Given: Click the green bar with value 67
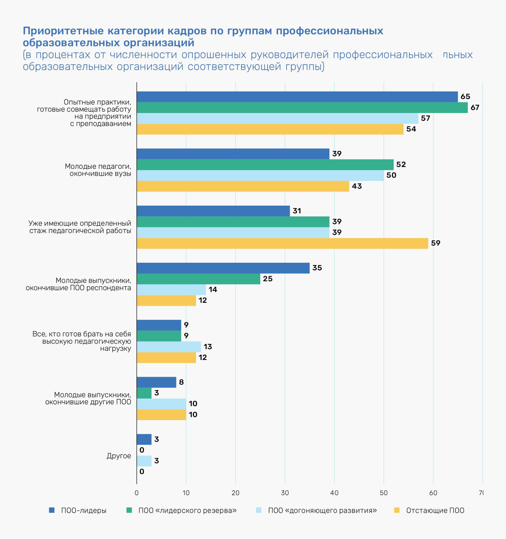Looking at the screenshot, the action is click(x=302, y=108).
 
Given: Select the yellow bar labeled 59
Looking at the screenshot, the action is click(x=283, y=243).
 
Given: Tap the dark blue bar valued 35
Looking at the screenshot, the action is click(x=223, y=268).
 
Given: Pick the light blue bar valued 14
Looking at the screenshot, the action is click(x=172, y=290).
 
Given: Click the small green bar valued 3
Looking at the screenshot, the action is click(x=144, y=393).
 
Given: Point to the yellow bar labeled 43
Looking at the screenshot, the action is click(x=243, y=186).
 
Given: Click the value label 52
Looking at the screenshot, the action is click(x=401, y=165).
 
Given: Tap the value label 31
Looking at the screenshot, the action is click(x=297, y=211).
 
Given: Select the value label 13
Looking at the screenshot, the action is click(x=208, y=347).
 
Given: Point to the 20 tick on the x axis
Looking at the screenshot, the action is click(x=236, y=493).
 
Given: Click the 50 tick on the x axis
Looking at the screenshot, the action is click(x=384, y=493).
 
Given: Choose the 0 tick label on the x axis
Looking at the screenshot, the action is click(x=137, y=493).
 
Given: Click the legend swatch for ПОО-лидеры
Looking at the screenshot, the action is click(x=52, y=510).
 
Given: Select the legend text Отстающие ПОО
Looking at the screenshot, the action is click(x=435, y=510).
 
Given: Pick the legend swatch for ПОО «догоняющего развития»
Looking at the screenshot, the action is click(x=259, y=510).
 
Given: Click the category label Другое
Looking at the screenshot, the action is click(x=119, y=456).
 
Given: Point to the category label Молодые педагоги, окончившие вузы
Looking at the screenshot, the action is click(x=98, y=170).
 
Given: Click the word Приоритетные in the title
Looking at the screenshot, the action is click(x=63, y=31).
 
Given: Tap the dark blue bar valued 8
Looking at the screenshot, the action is click(x=156, y=382).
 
